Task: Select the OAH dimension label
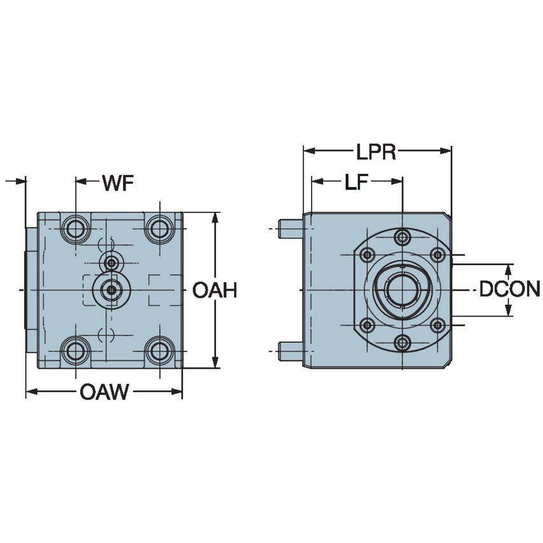[215, 291]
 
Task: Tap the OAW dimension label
[104, 392]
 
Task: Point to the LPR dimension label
[376, 153]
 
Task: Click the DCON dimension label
[509, 290]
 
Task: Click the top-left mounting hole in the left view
[76, 228]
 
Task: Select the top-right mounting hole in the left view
[159, 228]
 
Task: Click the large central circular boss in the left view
[111, 290]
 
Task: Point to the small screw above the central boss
[112, 261]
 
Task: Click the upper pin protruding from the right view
[291, 228]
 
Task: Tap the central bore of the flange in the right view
[402, 290]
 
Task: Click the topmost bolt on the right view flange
[402, 238]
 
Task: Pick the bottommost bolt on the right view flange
[402, 343]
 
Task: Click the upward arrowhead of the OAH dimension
[216, 218]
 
